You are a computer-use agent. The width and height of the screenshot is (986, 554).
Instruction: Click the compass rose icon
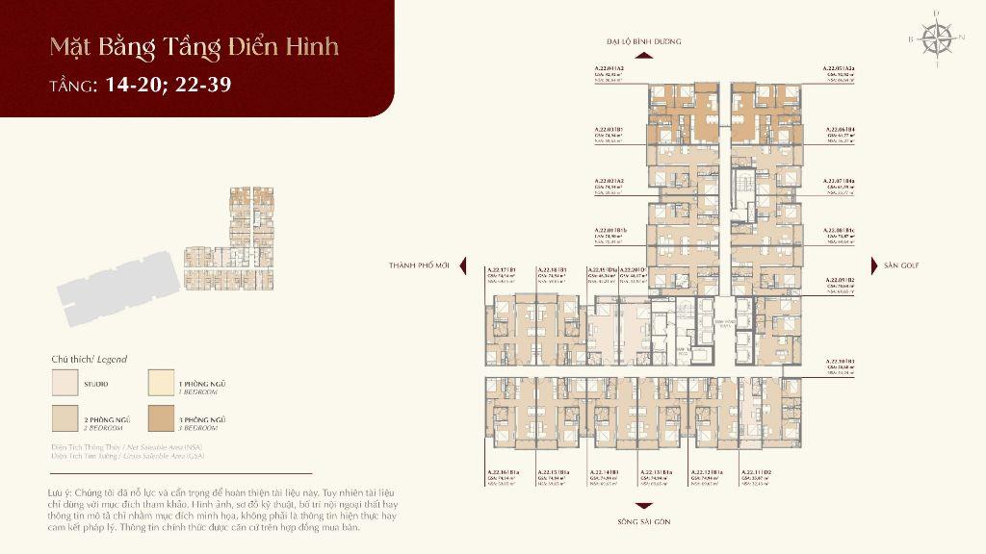coord(935,38)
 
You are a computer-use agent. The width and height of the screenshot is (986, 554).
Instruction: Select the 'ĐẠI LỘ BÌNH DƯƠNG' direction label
coord(644,42)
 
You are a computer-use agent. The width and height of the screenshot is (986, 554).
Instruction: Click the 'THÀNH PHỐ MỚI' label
coord(419,264)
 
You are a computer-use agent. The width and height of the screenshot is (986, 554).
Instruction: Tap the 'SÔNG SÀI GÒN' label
coord(644,520)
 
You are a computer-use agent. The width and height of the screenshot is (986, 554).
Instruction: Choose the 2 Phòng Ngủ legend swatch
coord(65,419)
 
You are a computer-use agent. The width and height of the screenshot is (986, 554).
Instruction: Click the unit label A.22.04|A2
coord(610,69)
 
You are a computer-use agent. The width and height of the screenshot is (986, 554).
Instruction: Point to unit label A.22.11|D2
coord(757,471)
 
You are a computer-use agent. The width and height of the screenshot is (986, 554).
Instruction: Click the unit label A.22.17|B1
coord(502,270)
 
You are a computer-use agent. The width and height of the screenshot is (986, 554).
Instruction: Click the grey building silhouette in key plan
coord(116,282)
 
